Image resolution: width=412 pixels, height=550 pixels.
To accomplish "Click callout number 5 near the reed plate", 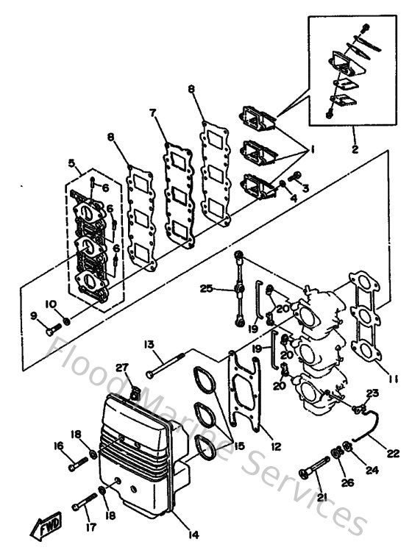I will pyautogui.click(x=72, y=163).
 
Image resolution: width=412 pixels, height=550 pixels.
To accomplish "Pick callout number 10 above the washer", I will pyautogui.click(x=51, y=304).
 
